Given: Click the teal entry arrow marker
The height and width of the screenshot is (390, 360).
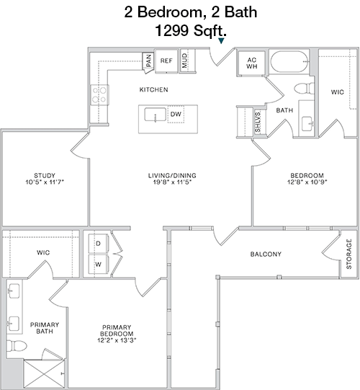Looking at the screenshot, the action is click(221, 41).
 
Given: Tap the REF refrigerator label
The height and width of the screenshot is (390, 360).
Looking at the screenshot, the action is click(166, 61).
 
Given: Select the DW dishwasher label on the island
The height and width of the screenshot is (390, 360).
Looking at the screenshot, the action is click(176, 114).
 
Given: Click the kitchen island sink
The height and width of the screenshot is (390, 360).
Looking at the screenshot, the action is click(156, 115).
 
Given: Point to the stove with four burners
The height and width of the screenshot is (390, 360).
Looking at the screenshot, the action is click(99, 94).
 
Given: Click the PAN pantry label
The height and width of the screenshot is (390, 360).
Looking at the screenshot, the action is click(148, 61).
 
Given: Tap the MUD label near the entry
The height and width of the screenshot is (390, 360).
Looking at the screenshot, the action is click(184, 61).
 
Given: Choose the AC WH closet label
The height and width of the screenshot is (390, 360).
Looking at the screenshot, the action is click(252, 63).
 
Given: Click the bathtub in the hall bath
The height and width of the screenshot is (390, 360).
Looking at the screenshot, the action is click(289, 62).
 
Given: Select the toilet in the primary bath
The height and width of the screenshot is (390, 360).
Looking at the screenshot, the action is click(16, 345).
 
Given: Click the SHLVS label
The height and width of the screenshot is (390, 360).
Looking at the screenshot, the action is click(258, 122).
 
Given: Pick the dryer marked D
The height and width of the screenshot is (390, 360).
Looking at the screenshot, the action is click(98, 244).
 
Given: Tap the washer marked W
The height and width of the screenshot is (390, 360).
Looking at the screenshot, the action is click(98, 265).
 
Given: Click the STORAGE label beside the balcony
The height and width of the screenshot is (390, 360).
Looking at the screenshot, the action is click(348, 254).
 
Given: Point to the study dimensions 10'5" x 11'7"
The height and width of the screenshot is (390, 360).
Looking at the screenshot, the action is click(45, 182).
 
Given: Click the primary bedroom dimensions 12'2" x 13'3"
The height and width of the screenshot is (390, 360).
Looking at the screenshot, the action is click(117, 340).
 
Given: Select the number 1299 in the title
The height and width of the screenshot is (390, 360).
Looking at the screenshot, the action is click(171, 31).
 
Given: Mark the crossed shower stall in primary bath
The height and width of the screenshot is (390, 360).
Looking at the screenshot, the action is click(44, 373).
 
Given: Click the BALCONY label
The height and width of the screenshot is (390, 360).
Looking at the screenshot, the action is click(266, 254).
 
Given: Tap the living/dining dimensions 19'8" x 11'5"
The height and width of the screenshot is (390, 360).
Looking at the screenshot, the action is click(172, 182).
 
